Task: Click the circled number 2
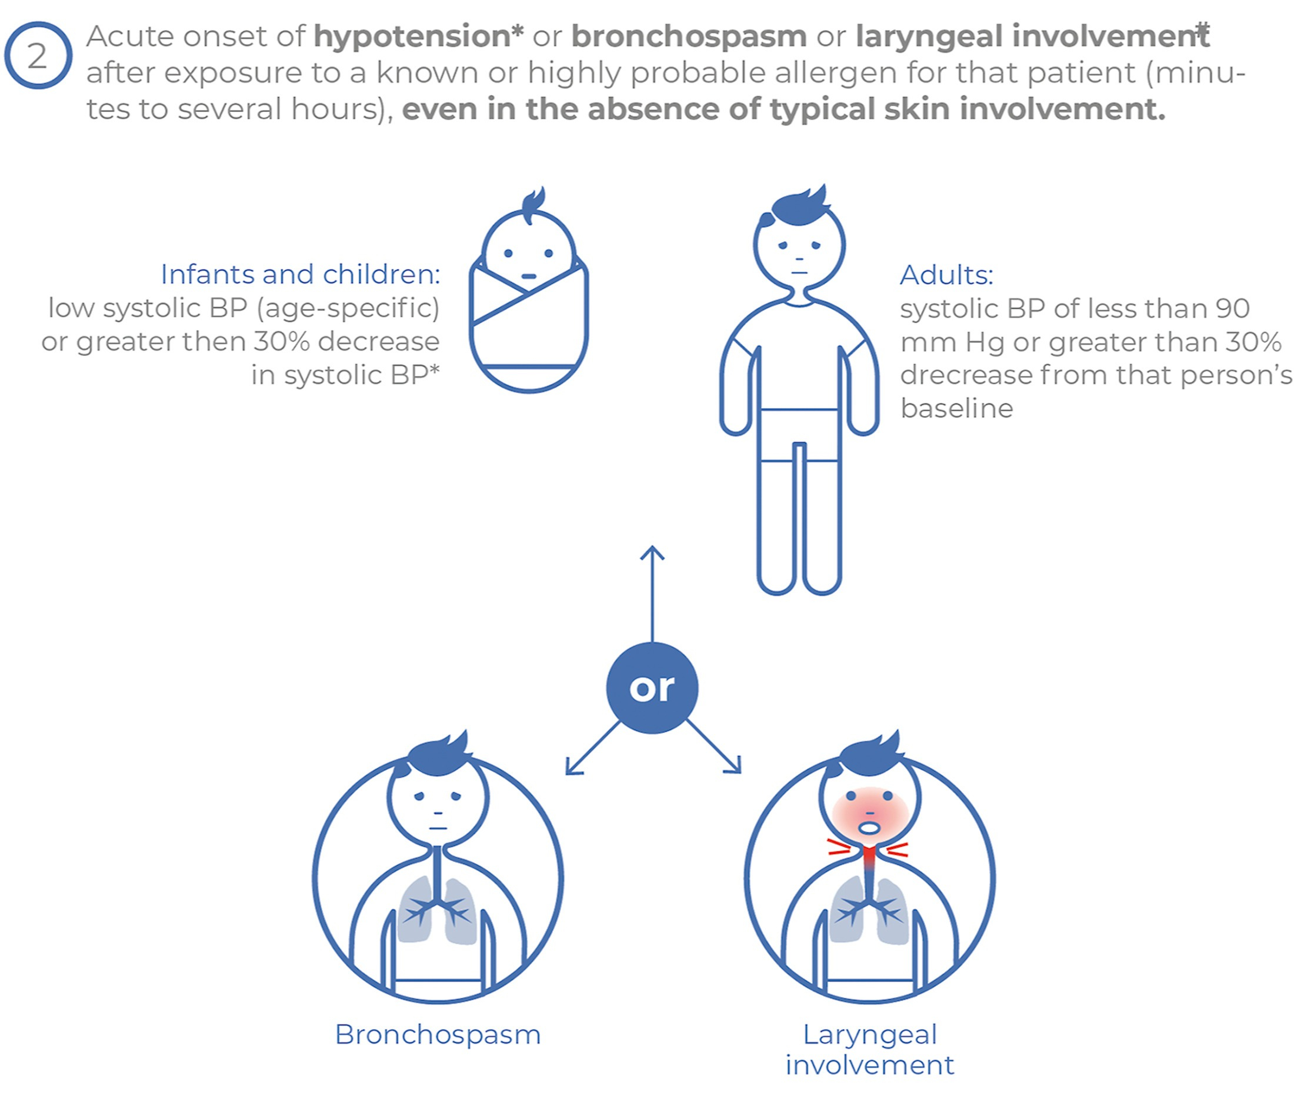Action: point(38,55)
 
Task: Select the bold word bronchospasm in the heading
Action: point(689,37)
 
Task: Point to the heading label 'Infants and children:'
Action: point(300,275)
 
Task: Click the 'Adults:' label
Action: point(946,275)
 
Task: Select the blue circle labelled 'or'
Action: point(652,688)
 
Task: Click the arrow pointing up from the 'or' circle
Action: point(652,594)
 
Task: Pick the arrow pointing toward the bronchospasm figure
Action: point(593,747)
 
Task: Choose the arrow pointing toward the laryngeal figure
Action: point(714,746)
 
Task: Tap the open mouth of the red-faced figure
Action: point(869,828)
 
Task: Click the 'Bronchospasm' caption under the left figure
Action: point(438,1035)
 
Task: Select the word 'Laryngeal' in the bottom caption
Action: point(870,1035)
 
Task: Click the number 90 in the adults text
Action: point(1233,308)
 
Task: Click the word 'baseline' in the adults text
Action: point(956,409)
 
